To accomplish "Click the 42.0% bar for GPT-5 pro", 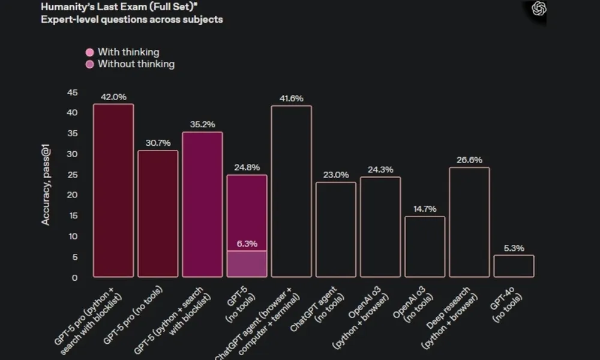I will (x=113, y=190).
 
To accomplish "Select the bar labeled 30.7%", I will (x=158, y=214).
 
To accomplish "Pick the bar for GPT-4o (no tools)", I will (x=514, y=266).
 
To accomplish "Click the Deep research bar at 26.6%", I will (x=469, y=222).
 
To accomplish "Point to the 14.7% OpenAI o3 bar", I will (x=425, y=247).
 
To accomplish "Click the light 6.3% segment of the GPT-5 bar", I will (x=247, y=264).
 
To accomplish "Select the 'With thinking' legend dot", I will (x=90, y=52).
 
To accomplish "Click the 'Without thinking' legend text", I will (x=136, y=64).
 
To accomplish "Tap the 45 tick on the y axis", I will (x=73, y=92).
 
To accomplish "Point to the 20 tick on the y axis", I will (x=73, y=195).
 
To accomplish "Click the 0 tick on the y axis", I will (x=75, y=277).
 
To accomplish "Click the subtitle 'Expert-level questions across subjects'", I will (x=132, y=19).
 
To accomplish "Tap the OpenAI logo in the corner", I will (x=539, y=8).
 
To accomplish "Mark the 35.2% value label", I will (x=202, y=125).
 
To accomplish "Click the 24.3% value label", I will (x=380, y=169).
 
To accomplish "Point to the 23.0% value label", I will (x=336, y=175).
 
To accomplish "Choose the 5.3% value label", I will (x=514, y=248).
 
